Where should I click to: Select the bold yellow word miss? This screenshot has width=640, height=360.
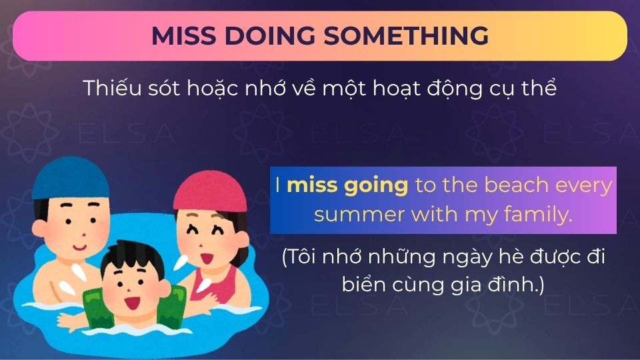313,185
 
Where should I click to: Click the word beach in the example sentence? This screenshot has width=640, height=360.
517,185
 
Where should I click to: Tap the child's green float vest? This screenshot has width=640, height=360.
100,313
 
